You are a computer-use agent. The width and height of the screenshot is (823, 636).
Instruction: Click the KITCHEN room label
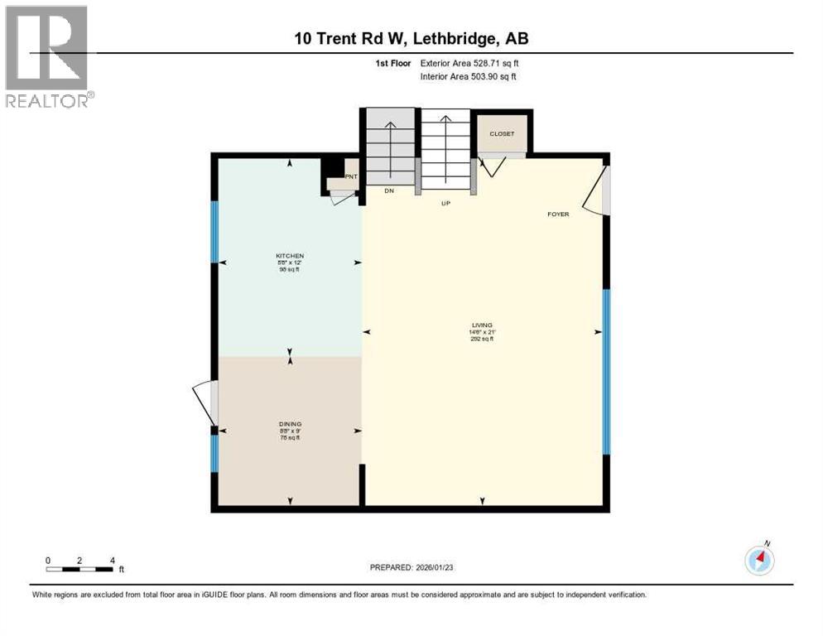coord(290,255)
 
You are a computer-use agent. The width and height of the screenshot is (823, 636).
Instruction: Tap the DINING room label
coord(290,424)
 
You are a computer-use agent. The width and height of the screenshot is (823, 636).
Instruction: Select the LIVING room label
coord(482,325)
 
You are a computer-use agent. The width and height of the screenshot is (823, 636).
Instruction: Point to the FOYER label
coord(558,214)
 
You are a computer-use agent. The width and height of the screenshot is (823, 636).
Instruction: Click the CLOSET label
coord(502,133)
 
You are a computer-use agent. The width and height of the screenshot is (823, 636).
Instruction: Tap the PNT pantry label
coord(351,176)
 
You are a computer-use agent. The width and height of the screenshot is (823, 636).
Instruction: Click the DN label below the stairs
coord(388,191)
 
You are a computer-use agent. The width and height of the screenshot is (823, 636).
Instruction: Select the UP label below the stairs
coord(445,201)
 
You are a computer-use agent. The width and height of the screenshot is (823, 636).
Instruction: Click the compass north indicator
coord(759,560)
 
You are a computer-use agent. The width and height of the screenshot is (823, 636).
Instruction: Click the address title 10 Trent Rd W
coord(411,38)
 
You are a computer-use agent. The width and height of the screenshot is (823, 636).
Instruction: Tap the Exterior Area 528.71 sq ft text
coord(469,62)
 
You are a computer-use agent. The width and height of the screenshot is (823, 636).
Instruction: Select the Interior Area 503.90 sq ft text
coord(469,77)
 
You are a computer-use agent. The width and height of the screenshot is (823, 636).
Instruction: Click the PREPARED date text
coord(411,567)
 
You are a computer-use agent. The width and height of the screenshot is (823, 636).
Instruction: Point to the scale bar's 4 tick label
coord(112,560)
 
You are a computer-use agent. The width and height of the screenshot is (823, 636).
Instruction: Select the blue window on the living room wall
coord(606,372)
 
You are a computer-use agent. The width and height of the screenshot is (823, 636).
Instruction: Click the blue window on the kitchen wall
coord(214,232)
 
